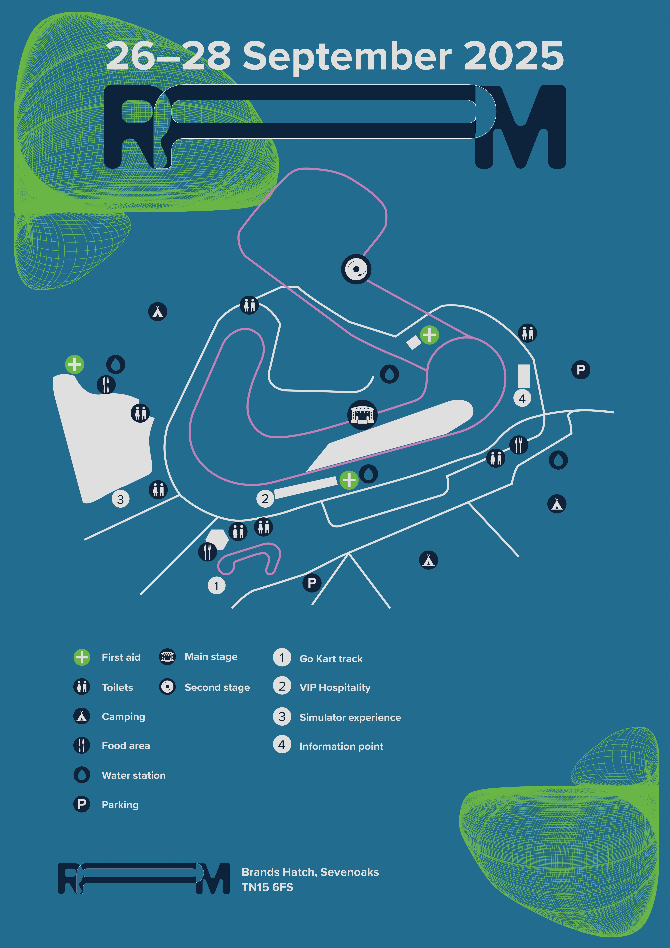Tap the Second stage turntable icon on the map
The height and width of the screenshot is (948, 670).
(x=356, y=269)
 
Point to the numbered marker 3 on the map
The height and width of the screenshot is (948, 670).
(x=121, y=499)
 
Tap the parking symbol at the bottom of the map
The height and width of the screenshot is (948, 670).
(x=312, y=583)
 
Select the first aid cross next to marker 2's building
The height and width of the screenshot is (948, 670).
(x=349, y=480)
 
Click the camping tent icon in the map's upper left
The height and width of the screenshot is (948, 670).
(x=158, y=312)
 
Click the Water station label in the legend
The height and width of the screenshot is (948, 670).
(x=134, y=775)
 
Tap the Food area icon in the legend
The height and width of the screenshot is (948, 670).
(x=82, y=746)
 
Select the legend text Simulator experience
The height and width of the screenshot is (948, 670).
(x=350, y=718)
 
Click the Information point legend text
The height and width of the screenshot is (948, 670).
(x=341, y=747)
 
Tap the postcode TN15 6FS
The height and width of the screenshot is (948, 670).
(x=267, y=887)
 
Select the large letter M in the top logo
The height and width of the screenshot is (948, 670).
(x=521, y=127)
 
